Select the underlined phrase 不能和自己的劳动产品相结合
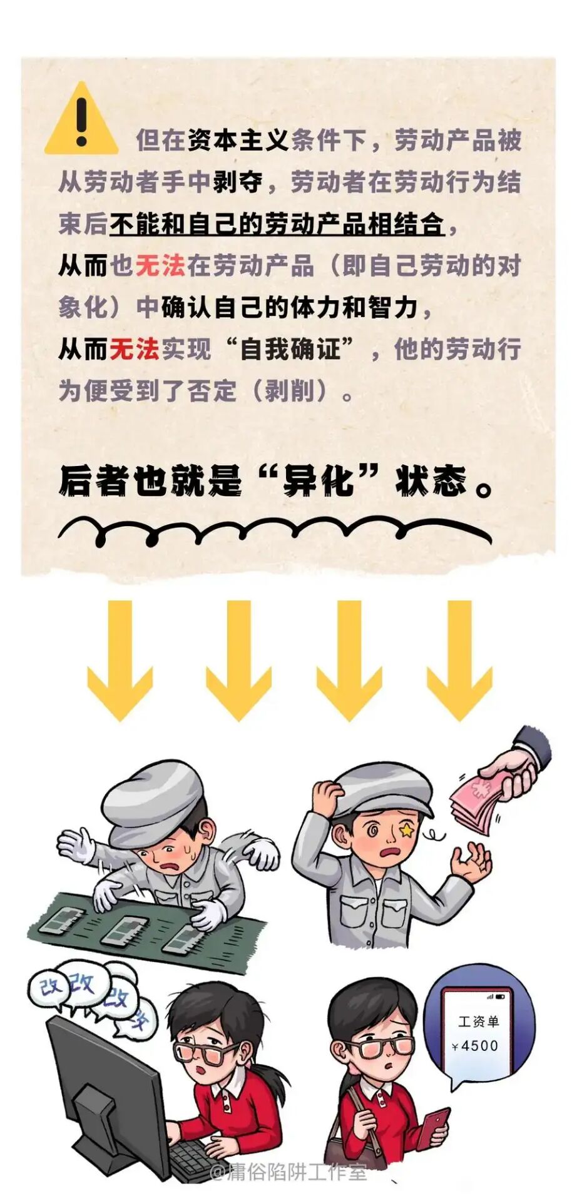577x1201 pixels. point(277,224)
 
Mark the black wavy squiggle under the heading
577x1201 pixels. point(275,531)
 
